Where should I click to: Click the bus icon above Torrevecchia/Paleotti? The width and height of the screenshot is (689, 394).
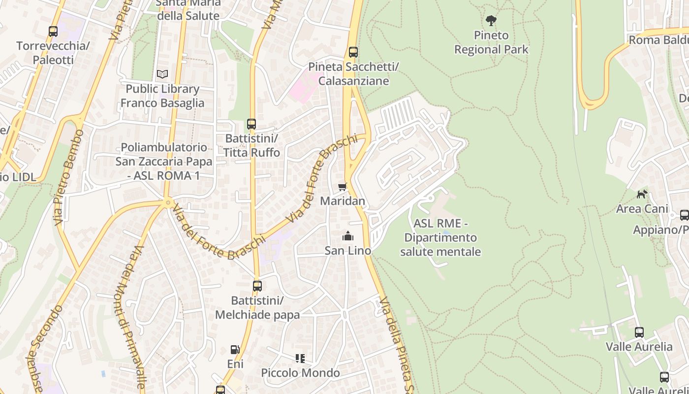(x=53, y=32)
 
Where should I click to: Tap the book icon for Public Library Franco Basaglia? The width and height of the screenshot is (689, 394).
(x=162, y=74)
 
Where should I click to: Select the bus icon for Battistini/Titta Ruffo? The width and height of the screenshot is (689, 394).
(x=251, y=124)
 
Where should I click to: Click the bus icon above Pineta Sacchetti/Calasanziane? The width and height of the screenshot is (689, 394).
(x=353, y=52)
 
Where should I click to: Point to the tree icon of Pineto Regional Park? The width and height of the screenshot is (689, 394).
(x=491, y=21)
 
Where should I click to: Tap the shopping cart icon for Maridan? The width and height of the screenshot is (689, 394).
(x=343, y=187)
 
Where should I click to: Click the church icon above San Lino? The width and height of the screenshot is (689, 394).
(x=348, y=236)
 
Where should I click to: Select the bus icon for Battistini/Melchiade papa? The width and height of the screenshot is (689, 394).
(x=257, y=286)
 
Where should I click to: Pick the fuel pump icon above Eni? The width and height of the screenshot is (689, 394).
(x=235, y=350)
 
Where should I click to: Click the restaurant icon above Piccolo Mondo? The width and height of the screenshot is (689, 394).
(x=300, y=358)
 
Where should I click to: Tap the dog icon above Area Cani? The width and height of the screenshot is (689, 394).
(x=642, y=194)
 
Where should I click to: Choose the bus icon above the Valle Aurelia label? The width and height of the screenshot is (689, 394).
(x=639, y=332)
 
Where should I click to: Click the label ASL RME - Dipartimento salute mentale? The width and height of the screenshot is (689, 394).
(x=440, y=238)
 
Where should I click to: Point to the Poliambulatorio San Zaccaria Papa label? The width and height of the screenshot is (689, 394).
(x=164, y=161)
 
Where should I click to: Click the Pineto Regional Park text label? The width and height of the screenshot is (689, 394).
(x=491, y=42)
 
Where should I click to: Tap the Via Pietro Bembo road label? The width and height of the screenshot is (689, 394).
(x=67, y=178)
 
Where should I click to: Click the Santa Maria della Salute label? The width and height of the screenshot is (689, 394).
(x=188, y=10)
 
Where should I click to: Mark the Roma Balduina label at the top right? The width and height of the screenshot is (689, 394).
(x=658, y=40)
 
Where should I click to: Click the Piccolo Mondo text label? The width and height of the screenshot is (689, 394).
(x=300, y=373)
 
